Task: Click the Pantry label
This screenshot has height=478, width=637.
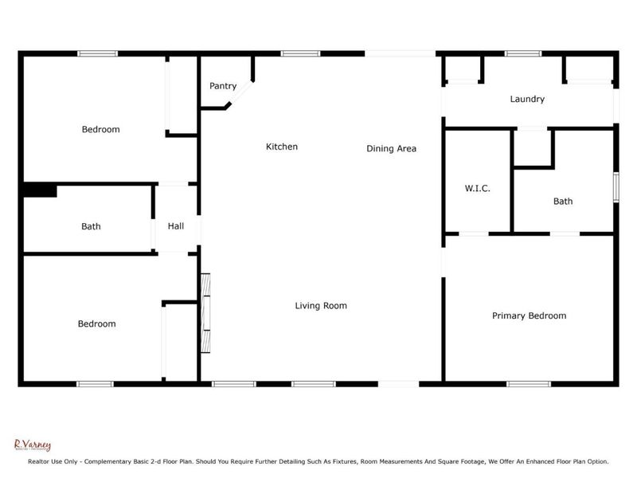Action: coord(223,86)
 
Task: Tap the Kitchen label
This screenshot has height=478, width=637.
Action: coord(282,147)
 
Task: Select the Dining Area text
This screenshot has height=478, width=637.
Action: coord(391,148)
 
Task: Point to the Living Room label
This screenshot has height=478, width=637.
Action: coord(321,305)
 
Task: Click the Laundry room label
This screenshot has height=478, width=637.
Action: coord(527,100)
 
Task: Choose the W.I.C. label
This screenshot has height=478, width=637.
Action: coord(477,189)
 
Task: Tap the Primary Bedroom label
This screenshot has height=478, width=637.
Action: coord(529,315)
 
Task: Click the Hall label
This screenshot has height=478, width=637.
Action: coord(176,226)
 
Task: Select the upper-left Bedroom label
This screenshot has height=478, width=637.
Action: coord(101,129)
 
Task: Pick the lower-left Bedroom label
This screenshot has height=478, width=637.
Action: coord(96,323)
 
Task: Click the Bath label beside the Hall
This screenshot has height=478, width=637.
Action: coord(91,226)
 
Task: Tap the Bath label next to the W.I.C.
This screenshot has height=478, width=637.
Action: coord(563,202)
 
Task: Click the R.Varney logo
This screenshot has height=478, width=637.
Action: coord(33,445)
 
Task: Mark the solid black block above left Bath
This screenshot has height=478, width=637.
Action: coord(39,190)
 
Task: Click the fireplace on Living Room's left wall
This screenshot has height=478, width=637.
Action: coord(205,312)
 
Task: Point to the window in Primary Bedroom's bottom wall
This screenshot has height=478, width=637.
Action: coord(529,384)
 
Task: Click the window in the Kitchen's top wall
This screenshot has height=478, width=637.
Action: coord(295,53)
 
